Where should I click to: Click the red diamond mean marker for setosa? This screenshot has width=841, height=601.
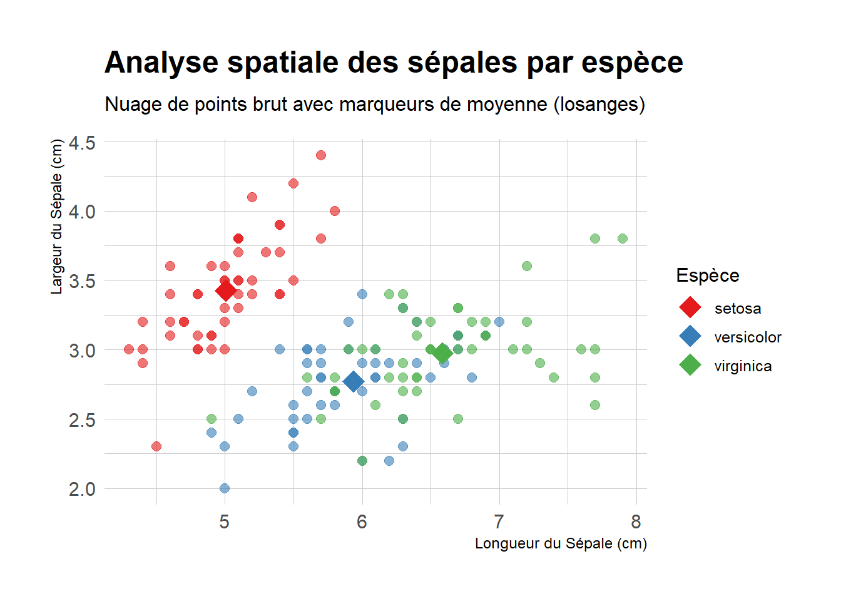tap(225, 290)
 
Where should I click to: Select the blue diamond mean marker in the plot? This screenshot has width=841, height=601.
tap(354, 381)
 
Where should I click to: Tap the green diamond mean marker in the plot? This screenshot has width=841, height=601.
tap(442, 353)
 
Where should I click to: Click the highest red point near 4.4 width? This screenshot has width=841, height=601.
tap(321, 155)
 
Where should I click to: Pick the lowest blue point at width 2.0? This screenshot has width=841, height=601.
tap(225, 488)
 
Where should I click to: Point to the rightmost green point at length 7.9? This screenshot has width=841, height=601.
tap(623, 239)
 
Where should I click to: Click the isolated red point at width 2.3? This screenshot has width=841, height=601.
tap(156, 446)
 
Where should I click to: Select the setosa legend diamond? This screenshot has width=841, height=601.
tap(690, 307)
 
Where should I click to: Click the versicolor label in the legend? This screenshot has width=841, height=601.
tap(748, 337)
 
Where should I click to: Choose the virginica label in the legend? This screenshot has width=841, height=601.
tap(743, 366)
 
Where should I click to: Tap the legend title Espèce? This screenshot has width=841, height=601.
tap(708, 275)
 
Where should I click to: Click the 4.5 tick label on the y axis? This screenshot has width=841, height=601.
tap(82, 143)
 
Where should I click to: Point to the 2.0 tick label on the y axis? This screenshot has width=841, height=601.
tap(82, 489)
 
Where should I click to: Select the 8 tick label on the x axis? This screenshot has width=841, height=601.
tap(636, 521)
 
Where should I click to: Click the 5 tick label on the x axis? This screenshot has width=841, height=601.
tap(225, 521)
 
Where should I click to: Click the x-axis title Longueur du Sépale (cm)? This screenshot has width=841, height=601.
tap(561, 543)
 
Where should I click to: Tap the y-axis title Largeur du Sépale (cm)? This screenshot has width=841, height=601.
tap(57, 217)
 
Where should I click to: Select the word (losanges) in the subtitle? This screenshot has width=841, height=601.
tap(599, 104)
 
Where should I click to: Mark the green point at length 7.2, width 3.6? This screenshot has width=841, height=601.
tap(527, 266)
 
